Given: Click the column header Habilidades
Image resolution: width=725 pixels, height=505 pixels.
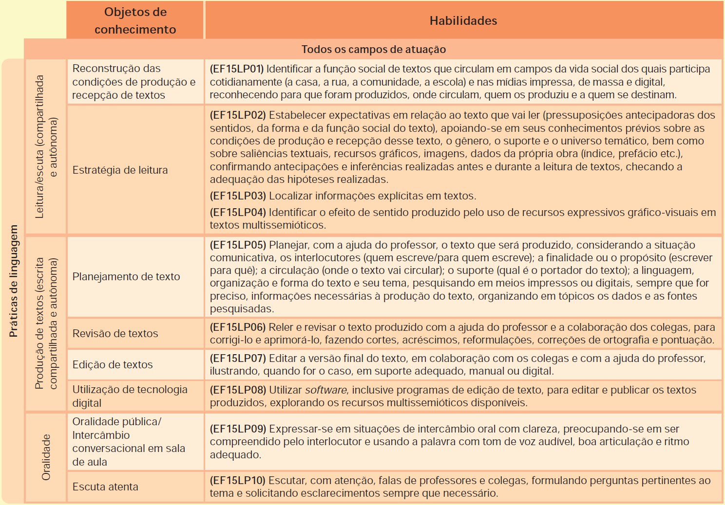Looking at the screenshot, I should pos(463,21).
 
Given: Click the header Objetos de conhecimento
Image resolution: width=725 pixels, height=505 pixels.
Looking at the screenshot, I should pos(135,21).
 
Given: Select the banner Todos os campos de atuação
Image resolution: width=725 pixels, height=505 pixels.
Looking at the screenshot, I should pos(373,49).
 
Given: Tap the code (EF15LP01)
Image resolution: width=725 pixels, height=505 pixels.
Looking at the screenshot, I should pos(236,69).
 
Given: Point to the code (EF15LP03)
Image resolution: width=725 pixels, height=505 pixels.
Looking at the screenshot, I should pos(238,196).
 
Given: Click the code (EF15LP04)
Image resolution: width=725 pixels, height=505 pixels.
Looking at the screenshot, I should pos(238,213).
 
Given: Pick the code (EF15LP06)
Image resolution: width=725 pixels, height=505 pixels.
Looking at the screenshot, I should pos(238,327).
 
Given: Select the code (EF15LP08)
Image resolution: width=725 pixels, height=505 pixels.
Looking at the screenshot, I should pos(238,390).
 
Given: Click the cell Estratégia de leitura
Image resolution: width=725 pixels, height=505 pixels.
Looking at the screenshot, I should pos(120,170).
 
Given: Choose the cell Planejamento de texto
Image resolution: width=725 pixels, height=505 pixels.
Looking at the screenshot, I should pos(126,277).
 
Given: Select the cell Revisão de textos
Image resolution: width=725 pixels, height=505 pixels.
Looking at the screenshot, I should pos(115,334).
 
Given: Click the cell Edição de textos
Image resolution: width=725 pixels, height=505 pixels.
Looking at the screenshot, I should pos(113,365).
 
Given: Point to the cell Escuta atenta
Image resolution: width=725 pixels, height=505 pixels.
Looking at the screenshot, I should pos(105,487).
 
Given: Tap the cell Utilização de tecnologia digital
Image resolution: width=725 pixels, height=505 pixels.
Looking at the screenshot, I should pos(130,396).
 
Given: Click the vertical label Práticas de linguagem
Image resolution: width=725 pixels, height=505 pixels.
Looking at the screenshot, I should pos(13,281).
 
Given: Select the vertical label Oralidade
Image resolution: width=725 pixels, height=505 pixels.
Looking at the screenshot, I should pos(46,457).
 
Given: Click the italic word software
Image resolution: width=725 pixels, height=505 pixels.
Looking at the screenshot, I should pos(326,390).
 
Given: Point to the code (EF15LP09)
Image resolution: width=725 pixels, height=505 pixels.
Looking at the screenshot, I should pos(238,429).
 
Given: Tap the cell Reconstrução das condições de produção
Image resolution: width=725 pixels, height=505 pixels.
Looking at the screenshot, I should pos(134,82).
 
